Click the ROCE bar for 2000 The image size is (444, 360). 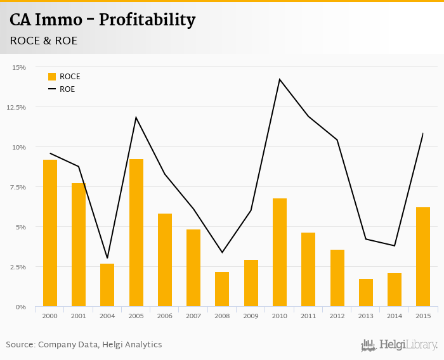click(x=50, y=233)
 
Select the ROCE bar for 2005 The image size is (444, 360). click(x=136, y=233)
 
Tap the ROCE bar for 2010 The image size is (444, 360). click(x=280, y=252)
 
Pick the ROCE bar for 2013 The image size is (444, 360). click(x=366, y=293)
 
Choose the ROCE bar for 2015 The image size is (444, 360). click(x=423, y=257)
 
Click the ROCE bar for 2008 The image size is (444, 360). click(x=222, y=289)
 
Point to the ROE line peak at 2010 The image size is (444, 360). click(x=280, y=79)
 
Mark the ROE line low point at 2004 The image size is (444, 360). click(x=107, y=258)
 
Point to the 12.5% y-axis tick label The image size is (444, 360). click(x=16, y=107)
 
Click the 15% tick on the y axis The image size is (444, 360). click(x=19, y=67)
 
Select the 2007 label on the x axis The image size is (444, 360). click(x=193, y=316)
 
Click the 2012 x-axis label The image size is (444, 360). click(x=337, y=316)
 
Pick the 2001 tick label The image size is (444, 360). click(x=79, y=316)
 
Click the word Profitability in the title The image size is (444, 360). click(x=147, y=20)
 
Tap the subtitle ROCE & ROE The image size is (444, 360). click(x=43, y=41)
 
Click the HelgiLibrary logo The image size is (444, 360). click(x=399, y=345)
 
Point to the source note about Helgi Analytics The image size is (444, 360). click(x=84, y=345)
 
